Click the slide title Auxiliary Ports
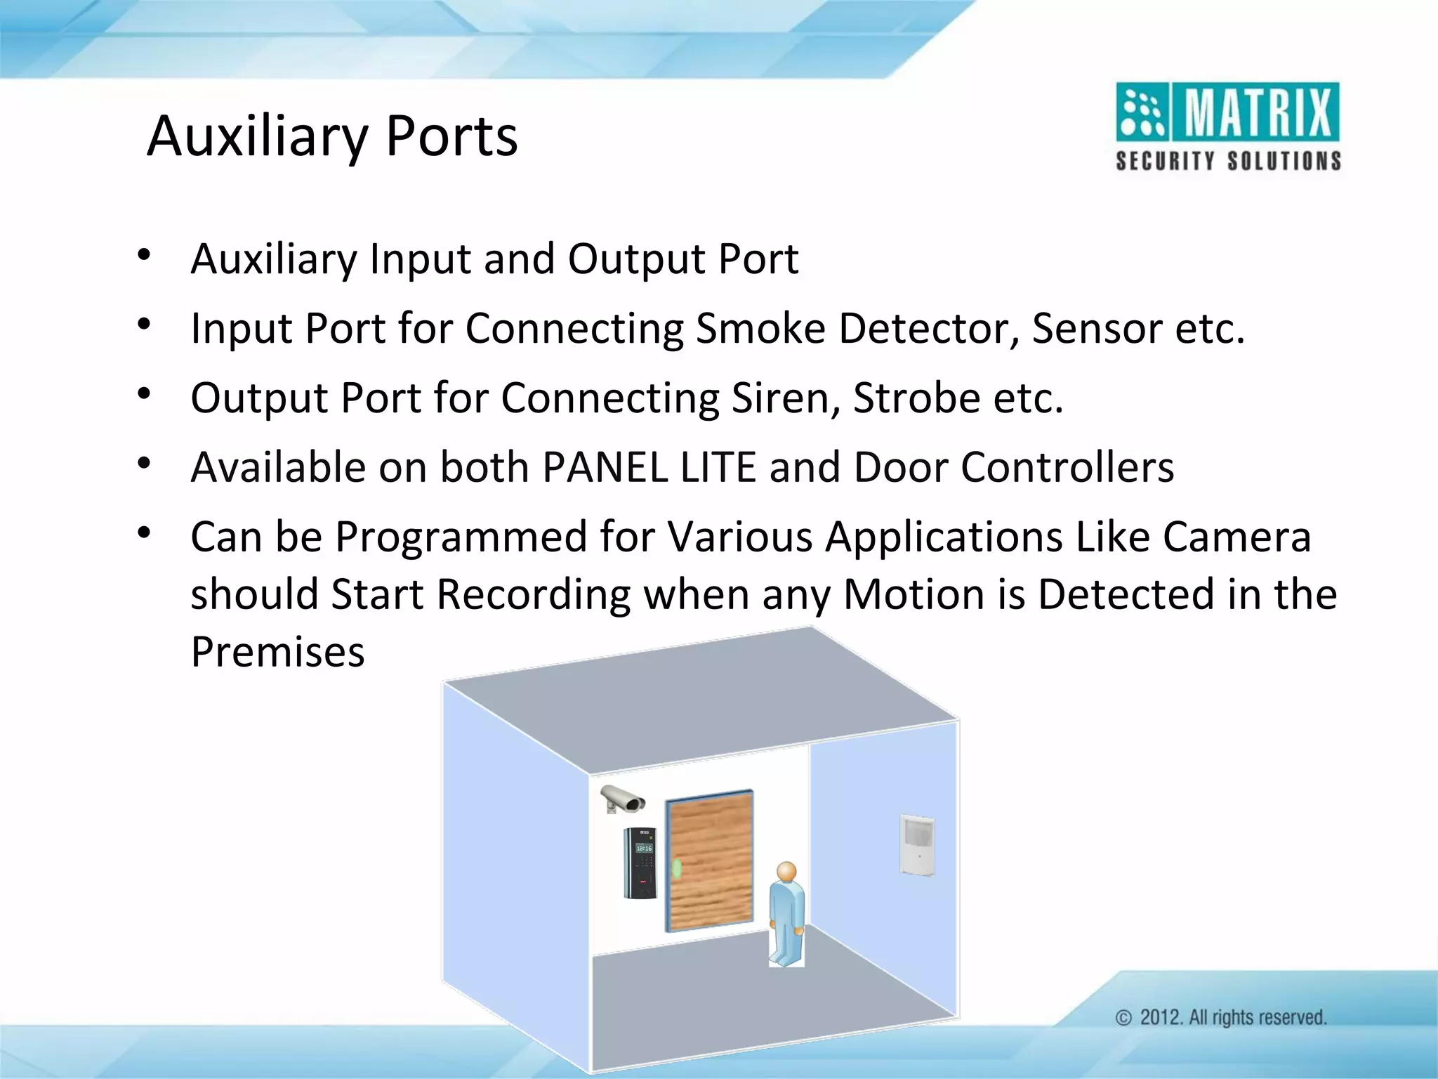pos(332,136)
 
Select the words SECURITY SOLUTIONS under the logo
pos(1228,162)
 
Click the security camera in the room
pos(622,799)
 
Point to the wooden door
pos(709,860)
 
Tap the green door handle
pos(677,870)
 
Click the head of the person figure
pos(787,872)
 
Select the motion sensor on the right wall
pos(917,844)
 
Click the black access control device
pos(640,863)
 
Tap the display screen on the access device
pos(643,849)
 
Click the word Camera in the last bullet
pos(1236,537)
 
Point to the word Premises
pos(278,652)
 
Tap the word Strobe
pos(916,398)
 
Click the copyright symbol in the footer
pos(1124,1018)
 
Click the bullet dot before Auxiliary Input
pos(144,255)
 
